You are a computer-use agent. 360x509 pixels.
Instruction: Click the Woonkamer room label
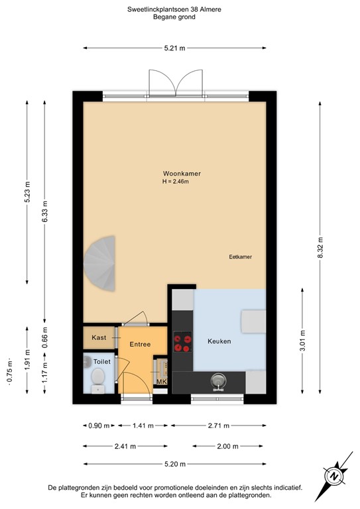182,173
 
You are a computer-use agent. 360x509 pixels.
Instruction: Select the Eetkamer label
240,256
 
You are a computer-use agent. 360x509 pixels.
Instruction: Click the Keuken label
219,341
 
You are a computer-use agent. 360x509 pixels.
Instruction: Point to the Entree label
140,345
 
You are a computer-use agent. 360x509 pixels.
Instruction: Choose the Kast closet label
99,337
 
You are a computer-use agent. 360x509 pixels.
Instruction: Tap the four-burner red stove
182,343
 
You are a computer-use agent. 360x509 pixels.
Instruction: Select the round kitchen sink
218,381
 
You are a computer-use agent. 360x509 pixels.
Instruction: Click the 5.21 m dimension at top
175,48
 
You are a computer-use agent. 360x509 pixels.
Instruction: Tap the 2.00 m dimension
225,446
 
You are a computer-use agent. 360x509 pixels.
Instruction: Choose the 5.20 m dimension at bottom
175,465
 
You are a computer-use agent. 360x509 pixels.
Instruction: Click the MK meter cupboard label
161,382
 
